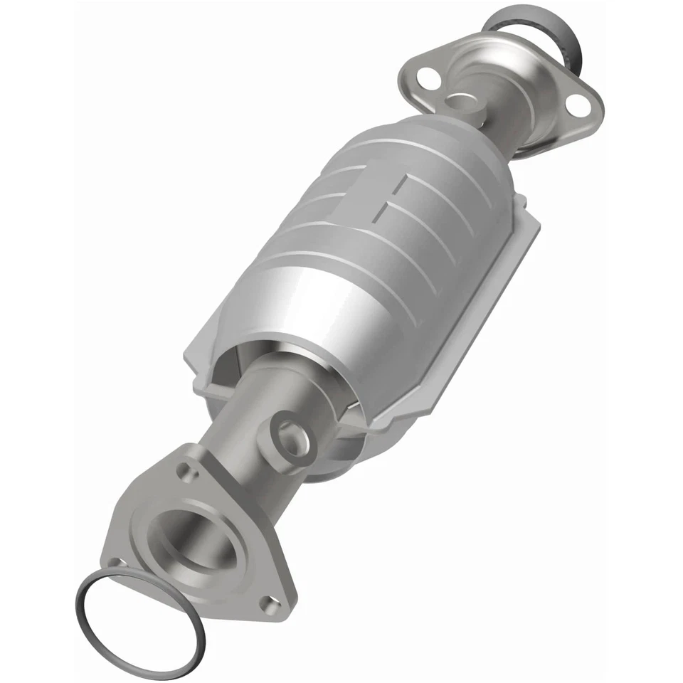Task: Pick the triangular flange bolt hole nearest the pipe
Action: coord(186,469)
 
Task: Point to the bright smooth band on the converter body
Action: coord(313,299)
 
